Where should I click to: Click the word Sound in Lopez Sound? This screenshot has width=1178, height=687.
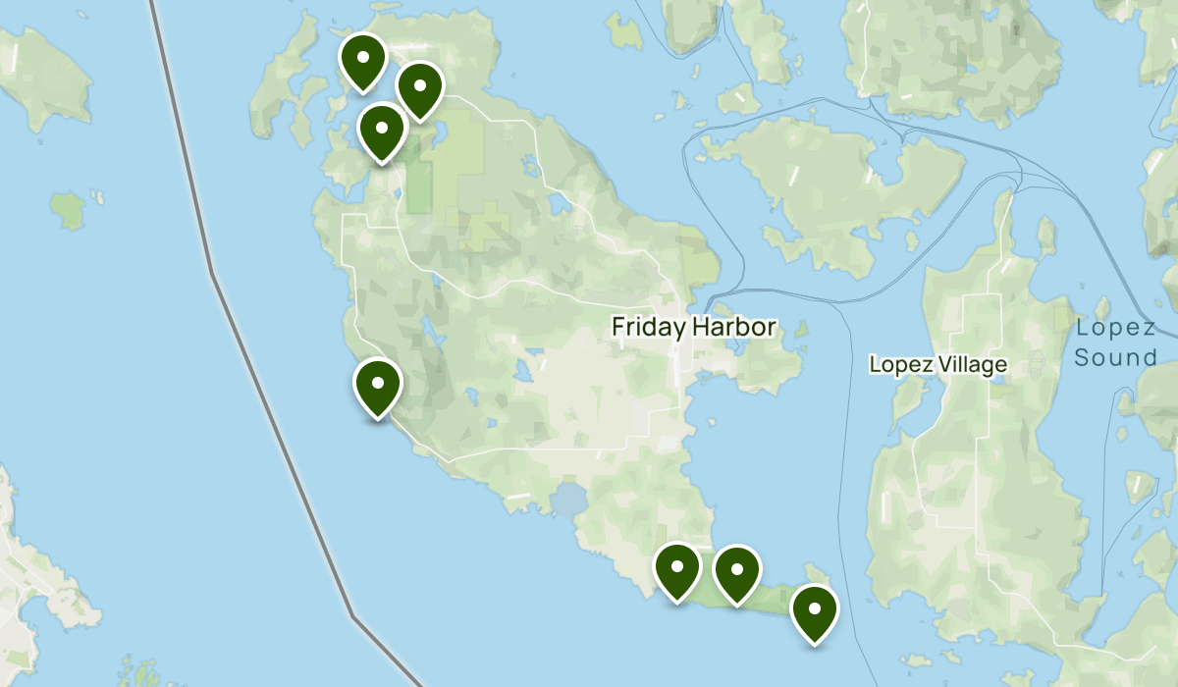tap(1115, 357)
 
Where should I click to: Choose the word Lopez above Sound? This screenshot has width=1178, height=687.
tap(1115, 328)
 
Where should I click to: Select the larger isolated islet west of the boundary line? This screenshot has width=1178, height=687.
tap(68, 209)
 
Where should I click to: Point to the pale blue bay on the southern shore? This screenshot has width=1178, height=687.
tap(568, 502)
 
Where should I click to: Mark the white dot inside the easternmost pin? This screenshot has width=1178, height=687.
tap(814, 607)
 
